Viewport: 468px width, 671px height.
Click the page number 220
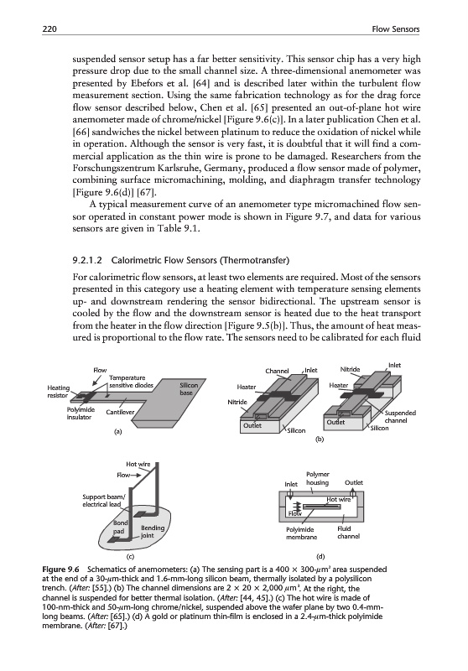(49, 29)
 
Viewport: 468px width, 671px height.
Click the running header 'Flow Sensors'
(396, 29)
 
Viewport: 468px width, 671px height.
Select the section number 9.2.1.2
(88, 260)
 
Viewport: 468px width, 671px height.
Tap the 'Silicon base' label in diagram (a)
(185, 389)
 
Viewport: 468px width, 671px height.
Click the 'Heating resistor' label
(58, 392)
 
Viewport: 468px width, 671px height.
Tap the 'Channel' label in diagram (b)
(278, 371)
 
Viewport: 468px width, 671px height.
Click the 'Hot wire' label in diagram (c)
(138, 464)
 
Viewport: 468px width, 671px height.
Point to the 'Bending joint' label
(153, 532)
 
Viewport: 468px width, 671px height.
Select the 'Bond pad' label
(120, 528)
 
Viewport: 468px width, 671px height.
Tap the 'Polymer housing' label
(318, 478)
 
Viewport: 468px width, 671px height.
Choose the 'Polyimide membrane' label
(302, 533)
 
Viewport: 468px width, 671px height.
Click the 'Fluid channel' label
(348, 533)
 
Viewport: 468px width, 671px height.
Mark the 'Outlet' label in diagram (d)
(354, 483)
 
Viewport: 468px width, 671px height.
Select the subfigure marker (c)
(130, 557)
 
